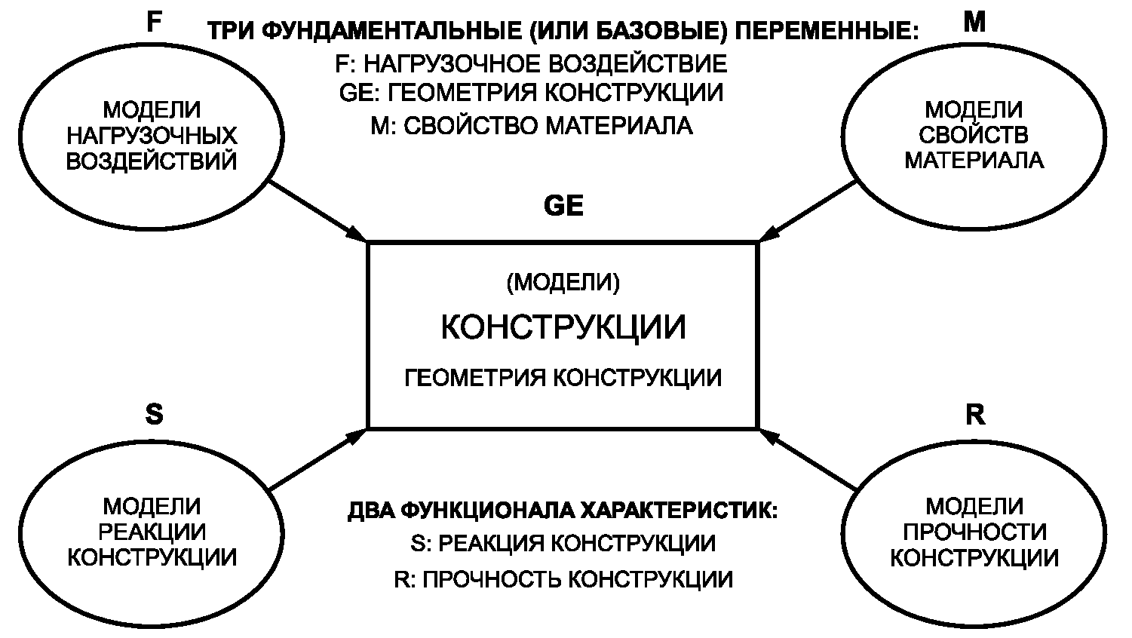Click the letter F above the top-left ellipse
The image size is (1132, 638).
[x=154, y=23]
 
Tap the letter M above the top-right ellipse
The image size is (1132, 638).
[x=974, y=23]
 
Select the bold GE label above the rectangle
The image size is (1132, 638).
[x=563, y=207]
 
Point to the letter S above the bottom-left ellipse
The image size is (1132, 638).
[x=154, y=414]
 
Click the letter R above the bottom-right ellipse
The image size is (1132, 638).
[x=974, y=414]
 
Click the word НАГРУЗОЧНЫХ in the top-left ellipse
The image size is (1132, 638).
[x=152, y=136]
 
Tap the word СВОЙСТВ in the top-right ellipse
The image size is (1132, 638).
[x=974, y=136]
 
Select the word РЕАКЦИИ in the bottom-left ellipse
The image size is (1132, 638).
[x=152, y=532]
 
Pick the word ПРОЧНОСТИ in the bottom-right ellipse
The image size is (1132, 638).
[x=974, y=532]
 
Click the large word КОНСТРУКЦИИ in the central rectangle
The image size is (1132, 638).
[x=563, y=328]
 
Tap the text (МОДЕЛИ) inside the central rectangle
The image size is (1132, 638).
[x=563, y=283]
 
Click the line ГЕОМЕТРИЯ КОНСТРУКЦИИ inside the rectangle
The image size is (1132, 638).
[x=563, y=377]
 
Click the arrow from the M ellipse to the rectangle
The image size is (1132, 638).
[x=807, y=211]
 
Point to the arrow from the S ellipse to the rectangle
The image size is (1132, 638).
[x=317, y=459]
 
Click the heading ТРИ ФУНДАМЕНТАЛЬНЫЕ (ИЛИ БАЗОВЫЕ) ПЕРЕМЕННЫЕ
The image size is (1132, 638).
[x=563, y=32]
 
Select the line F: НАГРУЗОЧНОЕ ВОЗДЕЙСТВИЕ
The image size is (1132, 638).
[x=531, y=63]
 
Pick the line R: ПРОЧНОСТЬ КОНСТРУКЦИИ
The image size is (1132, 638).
[x=563, y=578]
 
